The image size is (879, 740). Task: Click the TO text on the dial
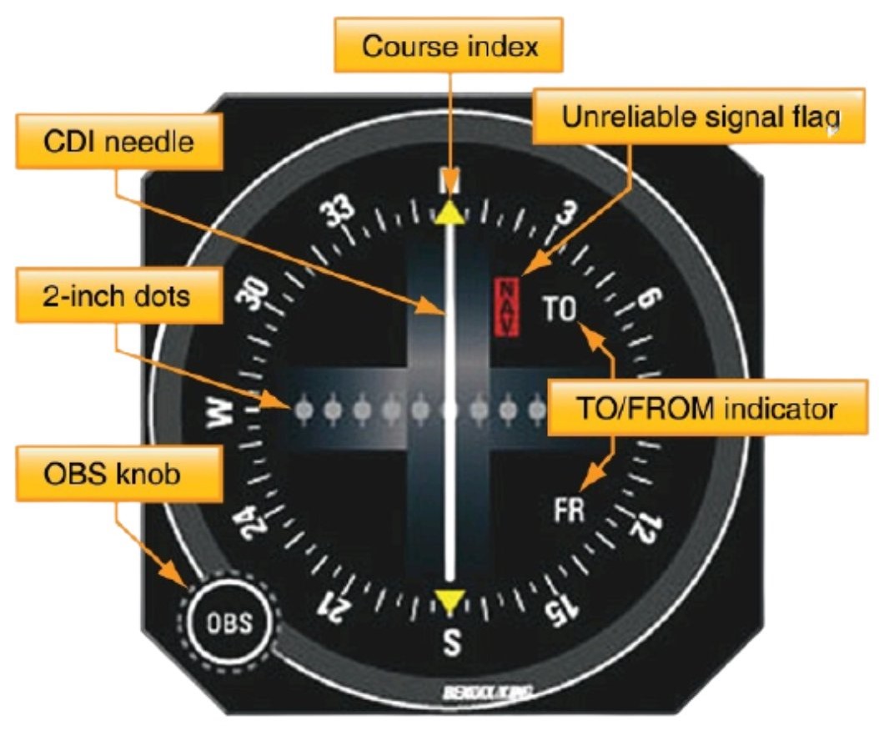coord(560,310)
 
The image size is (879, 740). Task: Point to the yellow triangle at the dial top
coord(450,213)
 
